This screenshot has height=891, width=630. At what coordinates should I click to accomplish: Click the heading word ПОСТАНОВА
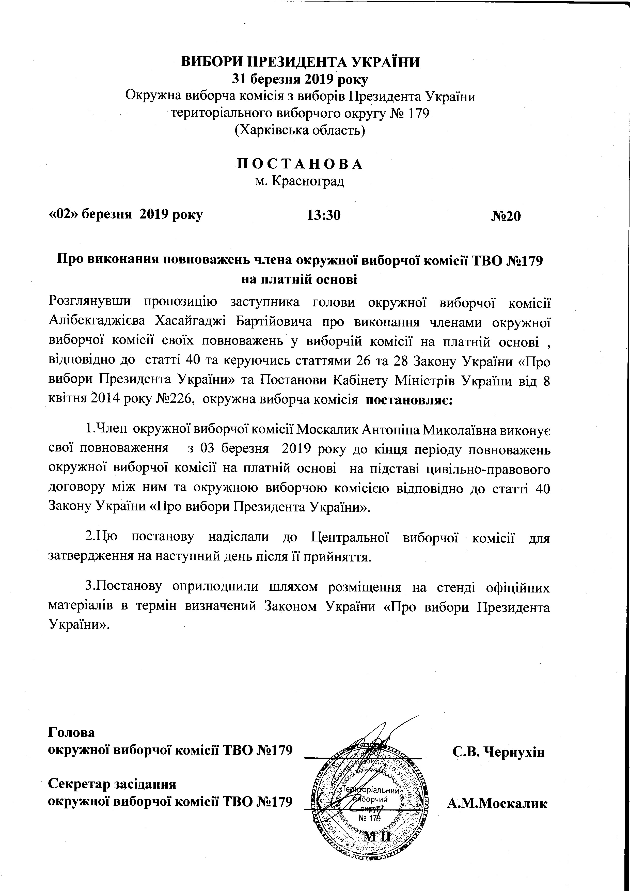click(x=300, y=164)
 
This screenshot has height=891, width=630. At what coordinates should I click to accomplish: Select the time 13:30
click(x=324, y=215)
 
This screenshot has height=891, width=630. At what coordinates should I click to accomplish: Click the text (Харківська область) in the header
click(x=300, y=130)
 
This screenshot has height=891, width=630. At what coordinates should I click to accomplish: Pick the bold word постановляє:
click(x=409, y=399)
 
